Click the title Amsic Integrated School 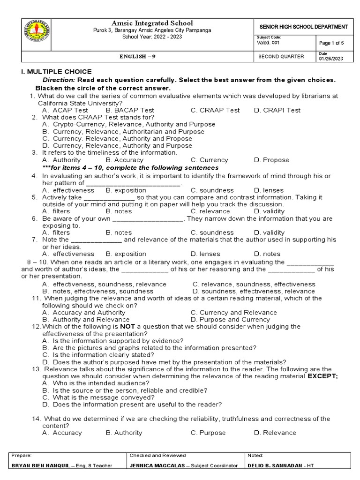click(x=151, y=23)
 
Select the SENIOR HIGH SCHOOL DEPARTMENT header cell click(x=304, y=27)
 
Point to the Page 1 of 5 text click(x=331, y=43)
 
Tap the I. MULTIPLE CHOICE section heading click(x=54, y=72)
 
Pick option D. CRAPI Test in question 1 click(x=277, y=110)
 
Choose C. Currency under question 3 click(x=209, y=160)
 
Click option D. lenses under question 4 click(x=269, y=190)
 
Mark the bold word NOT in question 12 click(x=127, y=326)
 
